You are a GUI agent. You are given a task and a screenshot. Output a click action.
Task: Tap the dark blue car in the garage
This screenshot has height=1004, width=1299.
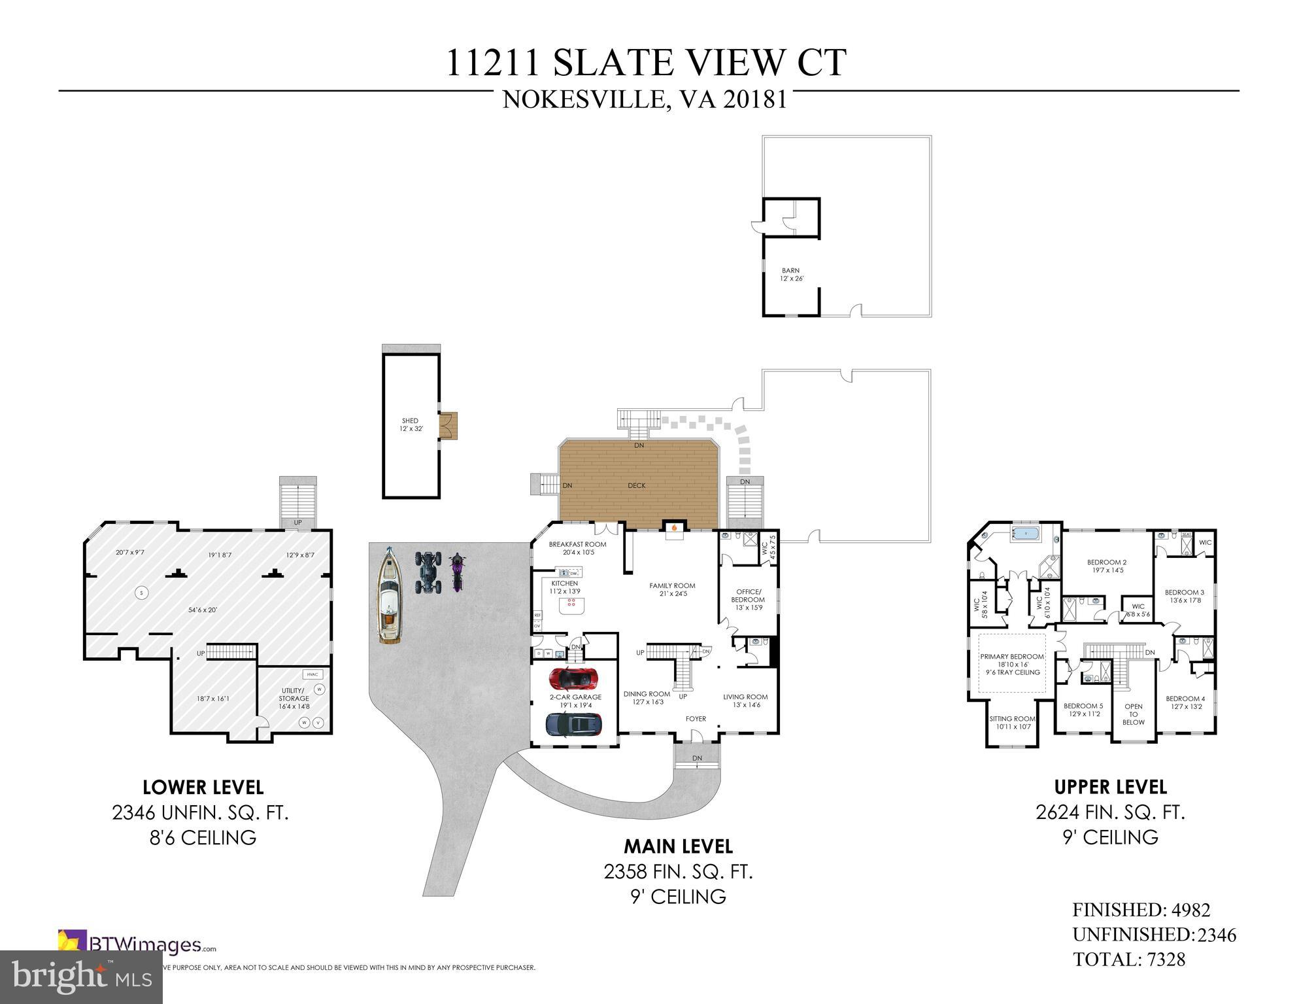point(573,723)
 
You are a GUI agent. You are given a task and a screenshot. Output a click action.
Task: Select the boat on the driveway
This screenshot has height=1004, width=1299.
point(390,597)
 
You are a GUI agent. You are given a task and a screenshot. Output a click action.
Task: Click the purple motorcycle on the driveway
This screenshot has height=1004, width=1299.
point(457,572)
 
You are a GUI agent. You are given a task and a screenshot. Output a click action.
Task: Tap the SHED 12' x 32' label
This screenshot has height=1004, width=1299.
point(411,424)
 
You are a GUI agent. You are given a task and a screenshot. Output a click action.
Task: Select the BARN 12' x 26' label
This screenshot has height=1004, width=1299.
point(791,274)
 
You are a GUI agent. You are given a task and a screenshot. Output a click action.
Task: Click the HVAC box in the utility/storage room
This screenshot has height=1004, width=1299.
point(312,674)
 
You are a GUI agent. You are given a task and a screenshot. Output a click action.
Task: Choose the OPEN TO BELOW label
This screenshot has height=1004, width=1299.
point(1133,714)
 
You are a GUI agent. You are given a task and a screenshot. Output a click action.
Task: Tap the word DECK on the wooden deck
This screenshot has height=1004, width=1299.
point(636,485)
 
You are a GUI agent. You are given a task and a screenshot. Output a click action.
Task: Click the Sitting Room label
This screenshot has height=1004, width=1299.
point(1012,719)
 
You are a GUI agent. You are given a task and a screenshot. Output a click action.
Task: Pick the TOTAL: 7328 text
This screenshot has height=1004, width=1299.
point(1128,960)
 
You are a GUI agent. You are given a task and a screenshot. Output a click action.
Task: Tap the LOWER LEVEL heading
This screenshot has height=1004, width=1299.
point(203,788)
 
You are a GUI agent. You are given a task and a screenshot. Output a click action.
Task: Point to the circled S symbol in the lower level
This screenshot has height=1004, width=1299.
point(140,593)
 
